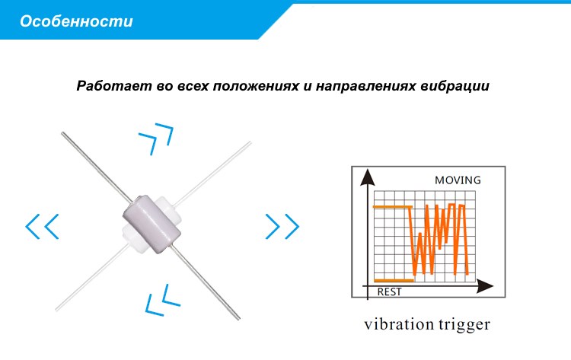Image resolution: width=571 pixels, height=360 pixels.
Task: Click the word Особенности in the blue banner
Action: point(76,21)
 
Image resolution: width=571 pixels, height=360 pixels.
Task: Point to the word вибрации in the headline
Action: point(455,87)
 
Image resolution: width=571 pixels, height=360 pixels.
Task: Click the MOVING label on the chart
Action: point(458,180)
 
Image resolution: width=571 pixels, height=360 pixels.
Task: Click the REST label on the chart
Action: point(389,292)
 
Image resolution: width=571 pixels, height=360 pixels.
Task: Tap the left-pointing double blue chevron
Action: point(42,226)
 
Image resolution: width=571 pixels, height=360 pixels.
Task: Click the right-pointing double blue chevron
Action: point(282,226)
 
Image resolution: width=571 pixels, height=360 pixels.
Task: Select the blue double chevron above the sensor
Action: point(156,139)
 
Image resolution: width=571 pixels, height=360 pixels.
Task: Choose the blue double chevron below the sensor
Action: point(162,300)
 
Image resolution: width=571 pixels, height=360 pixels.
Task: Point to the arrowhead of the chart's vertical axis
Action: point(368,177)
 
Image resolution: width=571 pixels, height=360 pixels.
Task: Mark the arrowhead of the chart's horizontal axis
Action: point(485,286)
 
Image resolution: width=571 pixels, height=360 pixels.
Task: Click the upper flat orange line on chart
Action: point(393,207)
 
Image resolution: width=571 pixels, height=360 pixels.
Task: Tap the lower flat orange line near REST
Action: point(394,280)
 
